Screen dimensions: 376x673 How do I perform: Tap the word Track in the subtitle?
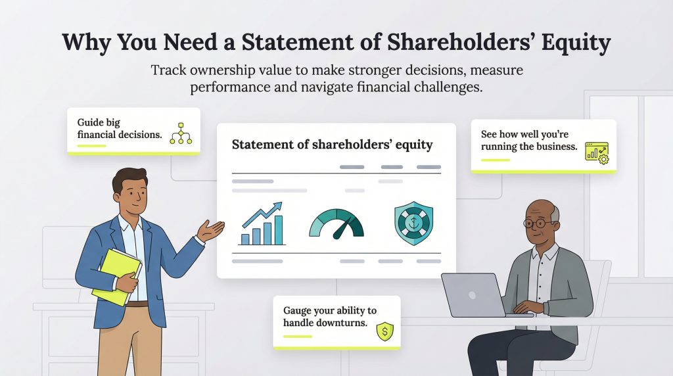pyautogui.click(x=169, y=69)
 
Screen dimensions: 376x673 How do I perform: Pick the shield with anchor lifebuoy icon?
pyautogui.click(x=414, y=223)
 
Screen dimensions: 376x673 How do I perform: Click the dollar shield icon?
pyautogui.click(x=384, y=333)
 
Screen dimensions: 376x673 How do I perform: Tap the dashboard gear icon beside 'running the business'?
pyautogui.click(x=597, y=153)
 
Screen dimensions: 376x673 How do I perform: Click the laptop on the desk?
pyautogui.click(x=475, y=294)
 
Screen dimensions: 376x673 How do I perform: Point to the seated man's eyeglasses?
pyautogui.click(x=539, y=223)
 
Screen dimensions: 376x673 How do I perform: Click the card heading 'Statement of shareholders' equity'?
pyautogui.click(x=333, y=145)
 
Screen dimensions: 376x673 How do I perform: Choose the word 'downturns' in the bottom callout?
pyautogui.click(x=352, y=322)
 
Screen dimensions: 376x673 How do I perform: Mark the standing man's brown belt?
pyautogui.click(x=137, y=304)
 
